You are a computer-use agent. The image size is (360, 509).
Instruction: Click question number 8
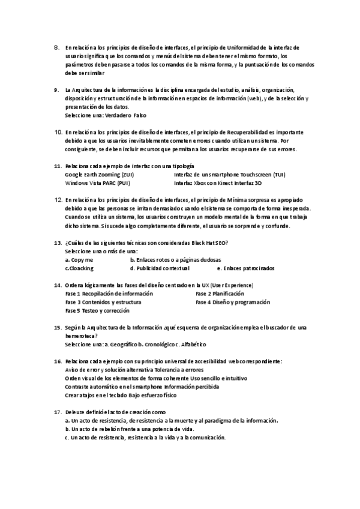[x=56, y=46]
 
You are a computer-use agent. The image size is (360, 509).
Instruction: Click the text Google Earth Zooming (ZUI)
[x=99, y=174]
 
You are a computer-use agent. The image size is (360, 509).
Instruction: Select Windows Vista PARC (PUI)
[x=97, y=182]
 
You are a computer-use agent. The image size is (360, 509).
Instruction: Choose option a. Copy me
[x=79, y=260]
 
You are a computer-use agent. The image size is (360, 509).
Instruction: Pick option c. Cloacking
[x=79, y=268]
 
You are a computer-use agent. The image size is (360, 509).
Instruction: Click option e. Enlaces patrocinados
[x=245, y=268]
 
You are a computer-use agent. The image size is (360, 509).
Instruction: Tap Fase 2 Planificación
[x=220, y=294]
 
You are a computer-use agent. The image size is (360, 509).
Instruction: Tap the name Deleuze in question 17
[x=77, y=413]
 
